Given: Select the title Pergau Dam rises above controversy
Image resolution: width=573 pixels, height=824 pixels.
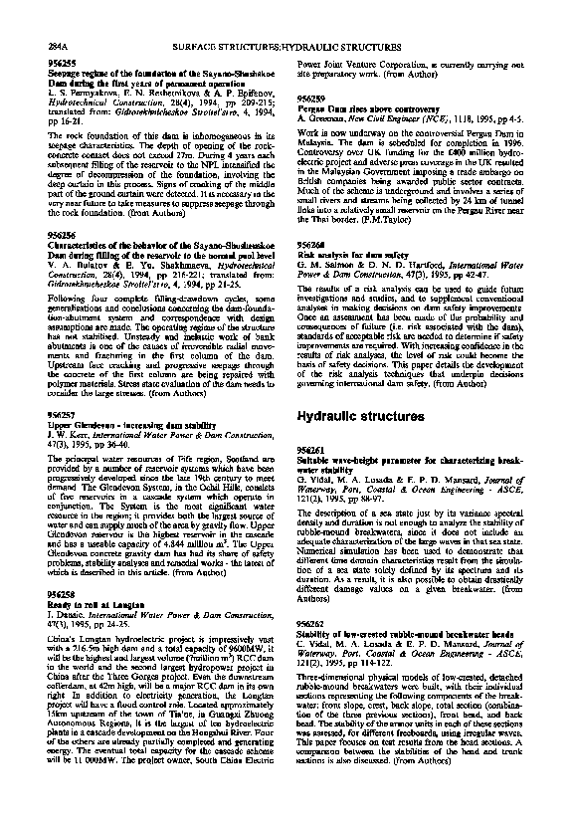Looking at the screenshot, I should tap(364, 108).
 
